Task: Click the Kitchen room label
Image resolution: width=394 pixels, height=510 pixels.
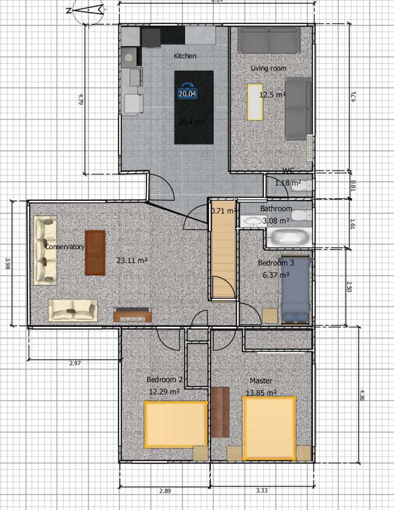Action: (x=185, y=56)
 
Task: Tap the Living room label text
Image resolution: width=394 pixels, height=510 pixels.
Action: (x=268, y=68)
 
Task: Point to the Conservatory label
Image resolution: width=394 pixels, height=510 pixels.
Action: (x=65, y=247)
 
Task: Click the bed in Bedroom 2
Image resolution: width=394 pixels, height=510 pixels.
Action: (x=174, y=424)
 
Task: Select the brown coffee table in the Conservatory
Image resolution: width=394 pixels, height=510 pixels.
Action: (x=95, y=253)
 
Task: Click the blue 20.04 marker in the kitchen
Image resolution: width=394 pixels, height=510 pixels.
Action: (x=187, y=93)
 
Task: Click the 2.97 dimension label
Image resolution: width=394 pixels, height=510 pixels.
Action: (x=75, y=363)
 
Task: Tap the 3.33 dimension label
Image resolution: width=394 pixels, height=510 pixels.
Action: (x=262, y=491)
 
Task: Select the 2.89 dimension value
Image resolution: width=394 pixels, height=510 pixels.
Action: (x=164, y=491)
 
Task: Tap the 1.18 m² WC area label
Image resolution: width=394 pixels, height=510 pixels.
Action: (x=288, y=183)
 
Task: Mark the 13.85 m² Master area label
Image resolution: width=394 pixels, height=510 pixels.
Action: (x=261, y=392)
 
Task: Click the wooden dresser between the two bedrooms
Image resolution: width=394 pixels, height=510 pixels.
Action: (x=220, y=412)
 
